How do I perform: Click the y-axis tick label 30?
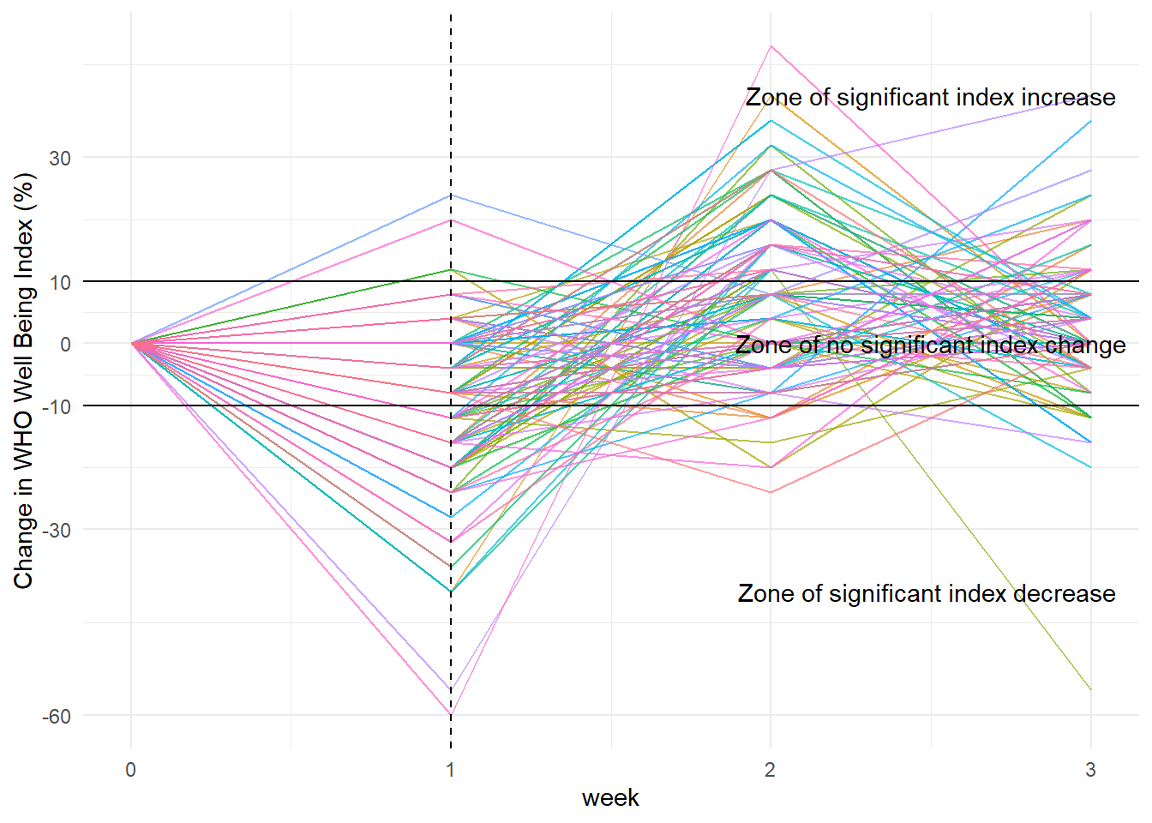tap(59, 159)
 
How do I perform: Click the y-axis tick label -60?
tap(57, 717)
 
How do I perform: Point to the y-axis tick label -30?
tap(57, 531)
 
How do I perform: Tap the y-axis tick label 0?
tap(65, 345)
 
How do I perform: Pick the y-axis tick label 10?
tap(59, 283)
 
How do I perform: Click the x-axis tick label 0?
tap(130, 770)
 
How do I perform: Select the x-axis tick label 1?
tap(451, 770)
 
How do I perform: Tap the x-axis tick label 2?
tap(771, 770)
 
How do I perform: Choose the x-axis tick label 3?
tap(1090, 770)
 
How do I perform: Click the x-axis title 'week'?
tap(610, 798)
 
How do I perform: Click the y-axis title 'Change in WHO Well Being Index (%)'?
tap(24, 381)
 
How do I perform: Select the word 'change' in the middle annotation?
tap(1083, 345)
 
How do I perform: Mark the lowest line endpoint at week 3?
tap(1090, 690)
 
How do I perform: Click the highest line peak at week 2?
tap(771, 46)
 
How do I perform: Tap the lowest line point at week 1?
tap(451, 715)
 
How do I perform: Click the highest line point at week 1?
tap(451, 195)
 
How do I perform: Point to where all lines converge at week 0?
tap(131, 344)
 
